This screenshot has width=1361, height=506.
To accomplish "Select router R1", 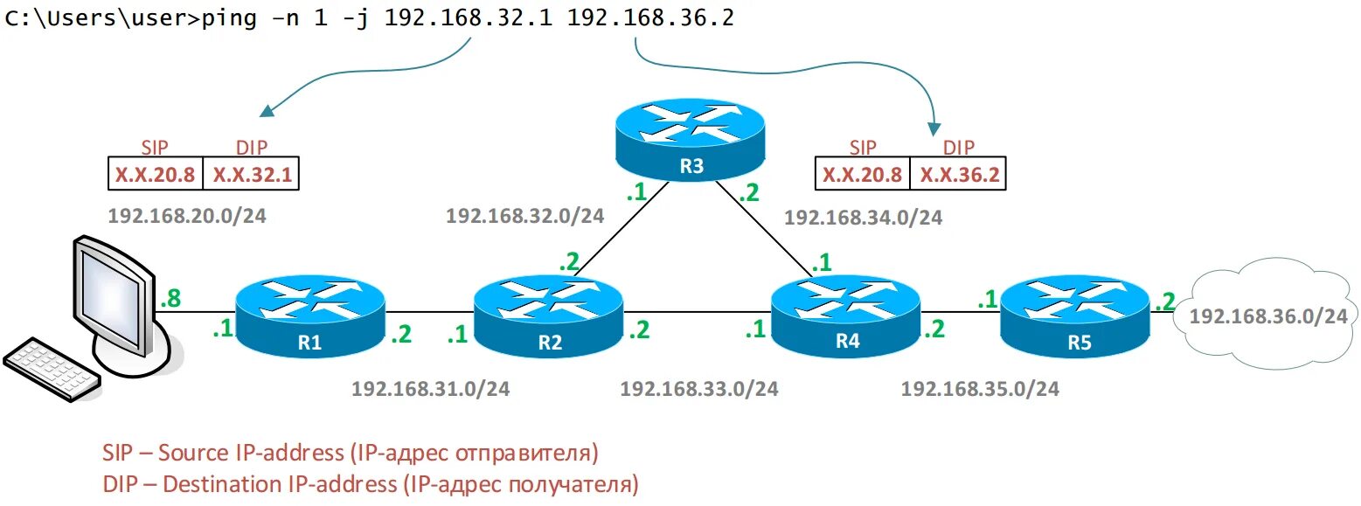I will pos(310,315).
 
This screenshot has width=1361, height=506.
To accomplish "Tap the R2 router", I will pos(549,315).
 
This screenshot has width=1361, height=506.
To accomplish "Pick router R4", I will pos(846,315).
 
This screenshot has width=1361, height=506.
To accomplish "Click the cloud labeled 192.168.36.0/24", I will pos(1267,316).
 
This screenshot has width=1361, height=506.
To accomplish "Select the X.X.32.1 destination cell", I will pos(252,174).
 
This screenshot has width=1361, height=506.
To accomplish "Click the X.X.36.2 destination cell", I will pos(958,174).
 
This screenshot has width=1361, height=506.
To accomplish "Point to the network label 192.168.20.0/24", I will pos(186,216).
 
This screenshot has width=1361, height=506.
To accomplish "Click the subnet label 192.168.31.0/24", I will pos(430,388).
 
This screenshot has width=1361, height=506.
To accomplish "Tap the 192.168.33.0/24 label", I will pos(699,388).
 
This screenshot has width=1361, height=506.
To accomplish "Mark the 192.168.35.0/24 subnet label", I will pos(980,388).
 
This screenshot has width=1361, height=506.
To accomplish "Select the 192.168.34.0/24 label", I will pos(863,218).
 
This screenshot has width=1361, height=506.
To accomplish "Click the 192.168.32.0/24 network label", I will pos(524,216).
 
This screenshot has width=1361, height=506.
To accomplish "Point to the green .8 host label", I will pos(170,299).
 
